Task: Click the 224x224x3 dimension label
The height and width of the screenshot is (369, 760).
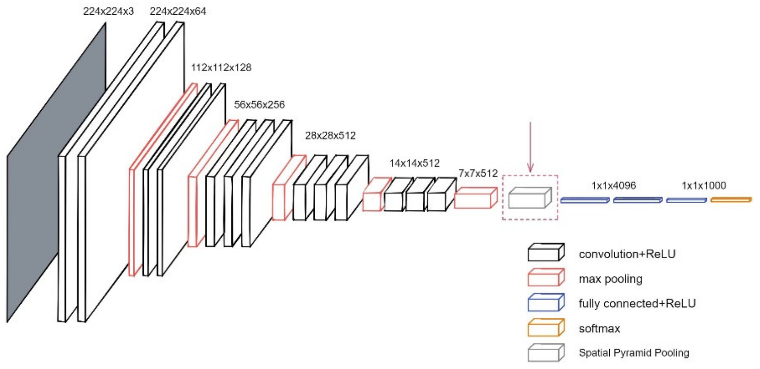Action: tap(108, 11)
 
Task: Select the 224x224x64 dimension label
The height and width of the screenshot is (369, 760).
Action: tap(178, 11)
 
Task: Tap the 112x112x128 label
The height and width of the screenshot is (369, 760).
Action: tap(221, 68)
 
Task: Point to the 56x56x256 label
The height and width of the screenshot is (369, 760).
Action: tap(259, 105)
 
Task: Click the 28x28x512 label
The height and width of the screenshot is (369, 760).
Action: tap(330, 136)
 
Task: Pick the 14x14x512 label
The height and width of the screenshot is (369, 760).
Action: tap(414, 163)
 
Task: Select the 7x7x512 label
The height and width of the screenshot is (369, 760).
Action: tap(478, 174)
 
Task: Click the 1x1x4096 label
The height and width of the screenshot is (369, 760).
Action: tap(613, 186)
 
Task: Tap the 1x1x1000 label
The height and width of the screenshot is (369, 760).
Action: tap(704, 186)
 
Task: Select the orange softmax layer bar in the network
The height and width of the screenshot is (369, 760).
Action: tap(731, 200)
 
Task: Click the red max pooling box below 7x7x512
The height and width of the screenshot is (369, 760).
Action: tap(475, 198)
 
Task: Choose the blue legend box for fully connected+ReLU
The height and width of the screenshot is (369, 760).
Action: tap(545, 303)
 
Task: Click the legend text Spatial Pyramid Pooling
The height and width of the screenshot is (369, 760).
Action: tap(634, 353)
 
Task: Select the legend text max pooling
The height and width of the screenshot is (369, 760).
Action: tap(610, 279)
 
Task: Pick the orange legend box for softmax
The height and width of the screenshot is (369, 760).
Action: tap(545, 328)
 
